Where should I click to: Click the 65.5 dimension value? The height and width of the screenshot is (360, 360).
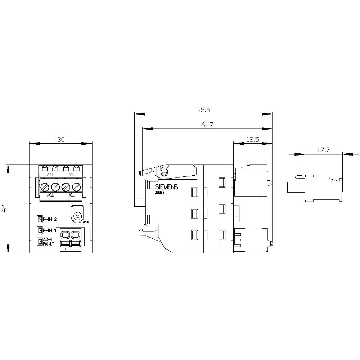203,110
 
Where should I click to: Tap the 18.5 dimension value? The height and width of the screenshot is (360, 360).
252,139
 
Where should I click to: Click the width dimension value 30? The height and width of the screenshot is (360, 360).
61,140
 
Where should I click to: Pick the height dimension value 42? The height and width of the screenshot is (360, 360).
4,209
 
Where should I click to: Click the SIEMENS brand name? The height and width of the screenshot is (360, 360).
166,187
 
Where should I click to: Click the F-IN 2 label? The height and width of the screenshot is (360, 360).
50,219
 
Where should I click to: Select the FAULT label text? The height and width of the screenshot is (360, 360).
49,244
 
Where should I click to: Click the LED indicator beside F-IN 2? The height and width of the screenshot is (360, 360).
39,219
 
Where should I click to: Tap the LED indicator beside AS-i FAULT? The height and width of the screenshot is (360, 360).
39,242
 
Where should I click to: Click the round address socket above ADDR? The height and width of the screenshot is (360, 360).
77,216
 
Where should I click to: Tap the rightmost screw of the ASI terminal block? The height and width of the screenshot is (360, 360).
76,187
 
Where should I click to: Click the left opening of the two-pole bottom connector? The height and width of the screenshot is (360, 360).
65,235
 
